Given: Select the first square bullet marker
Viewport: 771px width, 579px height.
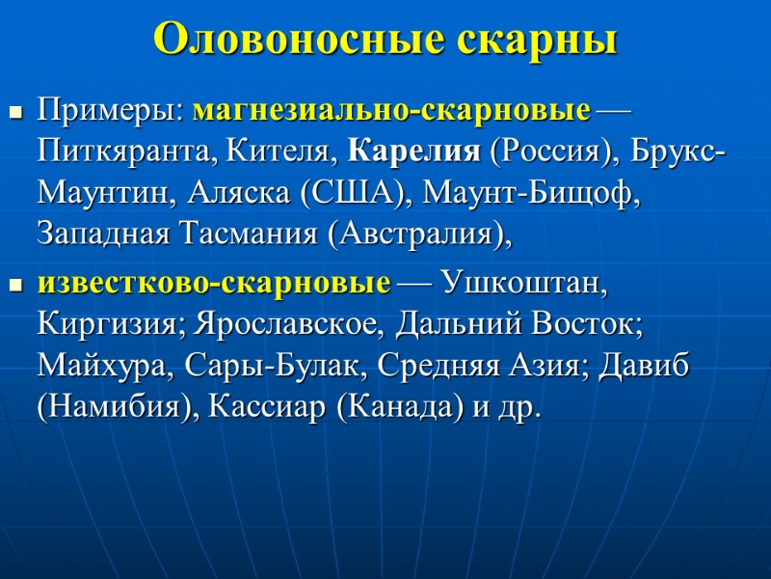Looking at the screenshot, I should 14,114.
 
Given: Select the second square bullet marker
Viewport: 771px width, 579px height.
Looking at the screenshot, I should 14,288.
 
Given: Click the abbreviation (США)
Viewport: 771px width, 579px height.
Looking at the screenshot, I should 353,192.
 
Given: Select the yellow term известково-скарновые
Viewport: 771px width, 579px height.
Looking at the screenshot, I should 214,285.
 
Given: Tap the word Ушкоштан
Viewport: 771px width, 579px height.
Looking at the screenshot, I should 524,285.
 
